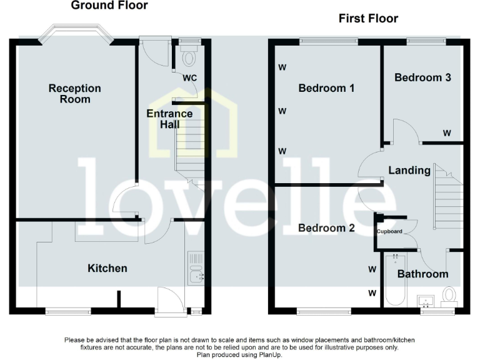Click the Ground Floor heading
coord(109,6)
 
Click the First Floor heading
coord(368,19)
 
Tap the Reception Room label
coord(75,94)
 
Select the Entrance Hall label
coord(169,119)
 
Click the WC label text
coord(189,78)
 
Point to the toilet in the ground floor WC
coord(189,57)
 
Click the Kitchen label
coord(107,268)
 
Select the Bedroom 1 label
coord(326,88)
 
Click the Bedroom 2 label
coord(326,228)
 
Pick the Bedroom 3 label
coord(422,77)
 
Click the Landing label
coord(409,170)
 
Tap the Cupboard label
coord(389,232)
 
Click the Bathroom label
coord(423,274)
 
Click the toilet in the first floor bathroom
coord(449,296)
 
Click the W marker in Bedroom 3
coord(447,133)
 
